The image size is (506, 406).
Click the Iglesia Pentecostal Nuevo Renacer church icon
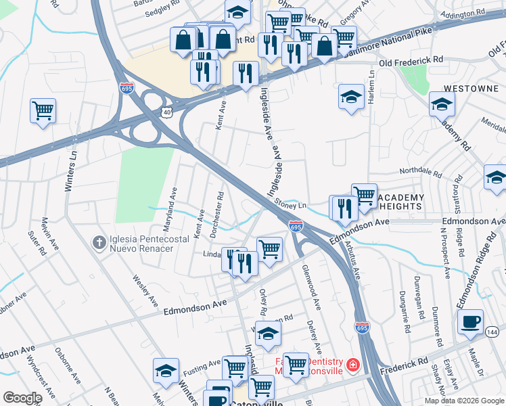point(99,242)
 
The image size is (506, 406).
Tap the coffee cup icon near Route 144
point(470,322)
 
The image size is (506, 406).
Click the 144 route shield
point(492,332)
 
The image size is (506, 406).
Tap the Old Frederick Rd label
point(411,62)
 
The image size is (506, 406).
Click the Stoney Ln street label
point(290,202)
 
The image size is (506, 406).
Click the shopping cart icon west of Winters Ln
point(43,110)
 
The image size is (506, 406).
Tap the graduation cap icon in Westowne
point(442,104)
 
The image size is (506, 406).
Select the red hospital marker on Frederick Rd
point(352,366)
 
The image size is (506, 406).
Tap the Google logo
point(22,398)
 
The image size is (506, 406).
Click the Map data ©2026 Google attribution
point(463,401)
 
